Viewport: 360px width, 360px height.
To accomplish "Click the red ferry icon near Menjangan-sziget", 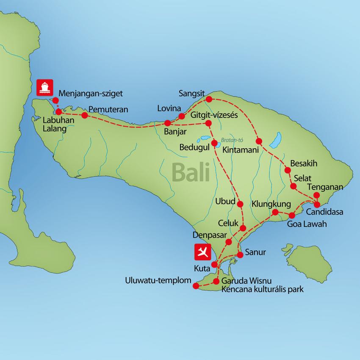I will [44, 87].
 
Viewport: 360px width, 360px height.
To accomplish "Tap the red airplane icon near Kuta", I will [202, 252].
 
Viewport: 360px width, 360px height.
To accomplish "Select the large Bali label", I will [191, 173].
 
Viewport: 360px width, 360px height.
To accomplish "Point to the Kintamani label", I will [241, 150].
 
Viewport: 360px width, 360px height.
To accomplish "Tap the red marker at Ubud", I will [241, 204].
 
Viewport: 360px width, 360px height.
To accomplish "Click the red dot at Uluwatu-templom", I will [195, 286].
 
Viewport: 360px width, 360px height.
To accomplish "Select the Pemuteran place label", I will [108, 110].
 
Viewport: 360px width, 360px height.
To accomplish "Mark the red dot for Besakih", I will [288, 171].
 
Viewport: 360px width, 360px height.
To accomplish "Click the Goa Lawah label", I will [307, 224].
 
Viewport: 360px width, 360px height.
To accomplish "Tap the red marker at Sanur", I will [240, 255].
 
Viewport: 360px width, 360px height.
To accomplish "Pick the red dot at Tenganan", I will [316, 195].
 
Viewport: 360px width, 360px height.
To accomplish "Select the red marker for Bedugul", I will [215, 142].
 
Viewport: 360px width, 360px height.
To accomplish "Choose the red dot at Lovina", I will [182, 116].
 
